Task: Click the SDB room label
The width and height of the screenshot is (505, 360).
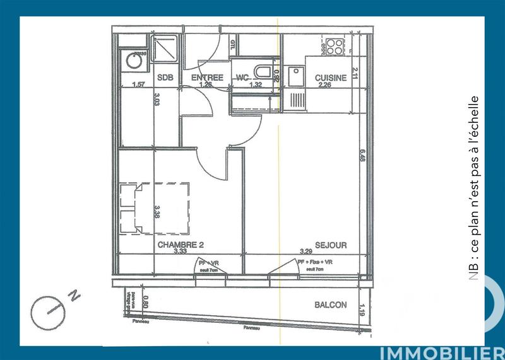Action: (x=165, y=78)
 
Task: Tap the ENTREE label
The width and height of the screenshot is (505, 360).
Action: (x=207, y=78)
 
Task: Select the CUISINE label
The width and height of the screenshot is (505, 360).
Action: (x=331, y=78)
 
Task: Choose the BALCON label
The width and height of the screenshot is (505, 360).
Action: (x=330, y=305)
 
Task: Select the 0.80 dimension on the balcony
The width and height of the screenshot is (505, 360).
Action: (x=146, y=303)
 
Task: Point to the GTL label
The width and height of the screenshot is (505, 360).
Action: (x=232, y=45)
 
